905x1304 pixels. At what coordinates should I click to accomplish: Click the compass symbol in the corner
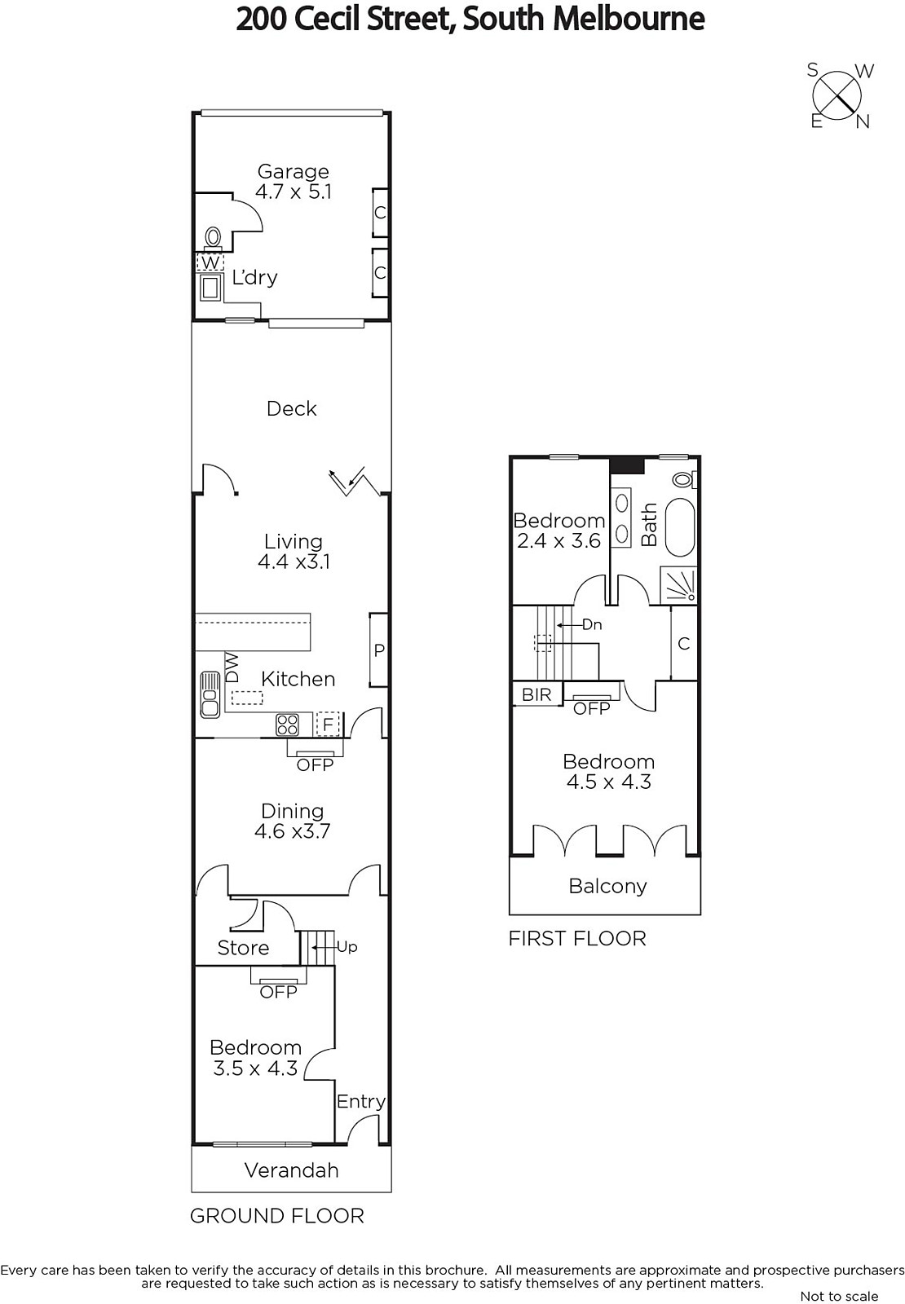tap(837, 95)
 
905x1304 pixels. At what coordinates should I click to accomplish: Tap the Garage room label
tap(293, 171)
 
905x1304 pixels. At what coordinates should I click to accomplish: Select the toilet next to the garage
tap(213, 238)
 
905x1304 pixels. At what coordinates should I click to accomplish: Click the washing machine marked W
tap(210, 262)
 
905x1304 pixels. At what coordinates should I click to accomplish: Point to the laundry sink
tap(210, 288)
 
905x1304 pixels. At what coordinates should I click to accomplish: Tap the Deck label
tap(291, 408)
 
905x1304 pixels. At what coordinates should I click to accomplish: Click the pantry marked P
tap(378, 650)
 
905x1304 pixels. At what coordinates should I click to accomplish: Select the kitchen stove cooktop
tap(287, 725)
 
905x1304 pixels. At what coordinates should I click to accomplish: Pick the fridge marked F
tap(327, 725)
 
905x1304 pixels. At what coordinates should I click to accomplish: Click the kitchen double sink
tap(209, 694)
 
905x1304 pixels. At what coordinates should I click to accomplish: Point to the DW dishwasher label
tap(232, 667)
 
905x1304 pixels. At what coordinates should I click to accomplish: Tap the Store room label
tap(243, 948)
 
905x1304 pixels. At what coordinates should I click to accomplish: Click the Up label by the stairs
tap(347, 947)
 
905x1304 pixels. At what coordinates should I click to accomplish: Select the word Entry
tap(360, 1101)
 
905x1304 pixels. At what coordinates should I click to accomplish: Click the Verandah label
tap(291, 1170)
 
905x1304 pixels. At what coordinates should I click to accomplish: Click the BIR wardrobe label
tap(536, 694)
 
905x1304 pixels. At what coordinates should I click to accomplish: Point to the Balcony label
tap(607, 886)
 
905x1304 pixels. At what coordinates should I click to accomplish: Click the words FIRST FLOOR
tap(577, 938)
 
